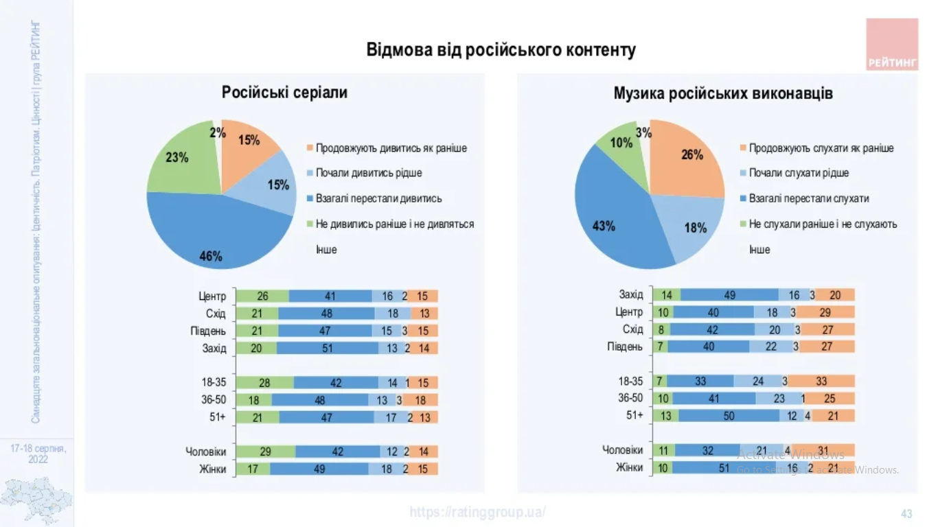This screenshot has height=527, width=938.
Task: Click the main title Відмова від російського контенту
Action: click(x=501, y=50)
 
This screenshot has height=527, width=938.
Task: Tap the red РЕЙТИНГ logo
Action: click(x=892, y=45)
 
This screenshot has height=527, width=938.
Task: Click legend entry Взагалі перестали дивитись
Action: click(x=378, y=198)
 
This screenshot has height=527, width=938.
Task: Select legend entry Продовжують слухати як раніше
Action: click(x=821, y=148)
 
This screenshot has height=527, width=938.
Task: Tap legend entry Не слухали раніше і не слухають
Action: click(x=823, y=224)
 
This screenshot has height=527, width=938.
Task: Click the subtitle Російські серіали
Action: click(x=284, y=93)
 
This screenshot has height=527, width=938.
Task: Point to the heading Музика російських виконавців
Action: click(x=723, y=93)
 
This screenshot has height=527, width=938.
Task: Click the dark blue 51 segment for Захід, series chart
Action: click(x=328, y=348)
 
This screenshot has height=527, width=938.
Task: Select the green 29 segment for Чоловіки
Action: click(x=266, y=452)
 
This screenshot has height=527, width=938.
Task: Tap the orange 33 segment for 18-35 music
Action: click(x=821, y=382)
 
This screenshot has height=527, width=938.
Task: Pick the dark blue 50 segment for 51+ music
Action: click(x=729, y=416)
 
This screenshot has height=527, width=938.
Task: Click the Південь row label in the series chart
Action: click(x=208, y=331)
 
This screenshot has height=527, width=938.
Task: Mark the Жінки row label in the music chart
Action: click(x=629, y=467)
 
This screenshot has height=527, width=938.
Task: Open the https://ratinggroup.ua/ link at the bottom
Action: click(x=478, y=512)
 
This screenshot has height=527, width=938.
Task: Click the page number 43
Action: click(x=906, y=514)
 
